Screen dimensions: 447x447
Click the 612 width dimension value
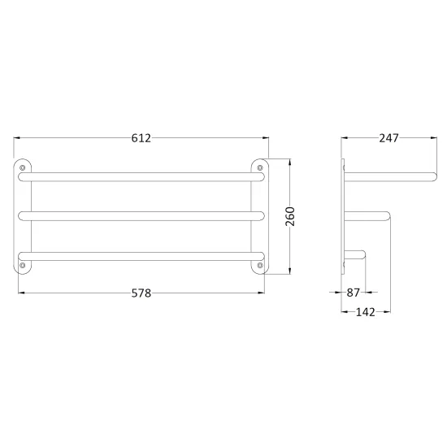141,138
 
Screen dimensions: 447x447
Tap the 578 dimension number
141,293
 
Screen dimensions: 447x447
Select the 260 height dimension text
290,216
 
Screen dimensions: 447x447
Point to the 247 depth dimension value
388,138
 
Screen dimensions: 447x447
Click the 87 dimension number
354,293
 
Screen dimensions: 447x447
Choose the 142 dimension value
366,312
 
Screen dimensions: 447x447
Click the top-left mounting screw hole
23,167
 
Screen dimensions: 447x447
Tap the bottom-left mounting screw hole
23,266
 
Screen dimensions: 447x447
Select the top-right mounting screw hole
260,167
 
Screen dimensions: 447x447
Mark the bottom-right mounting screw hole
260,266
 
